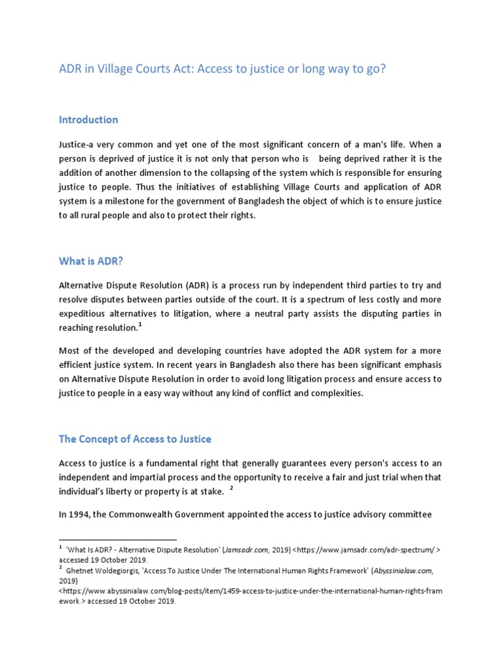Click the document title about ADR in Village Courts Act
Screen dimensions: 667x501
click(222, 69)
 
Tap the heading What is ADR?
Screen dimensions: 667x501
click(91, 261)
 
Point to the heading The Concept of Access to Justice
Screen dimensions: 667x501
click(135, 439)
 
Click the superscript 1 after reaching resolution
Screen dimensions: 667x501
click(140, 325)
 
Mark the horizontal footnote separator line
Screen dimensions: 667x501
click(117, 540)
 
